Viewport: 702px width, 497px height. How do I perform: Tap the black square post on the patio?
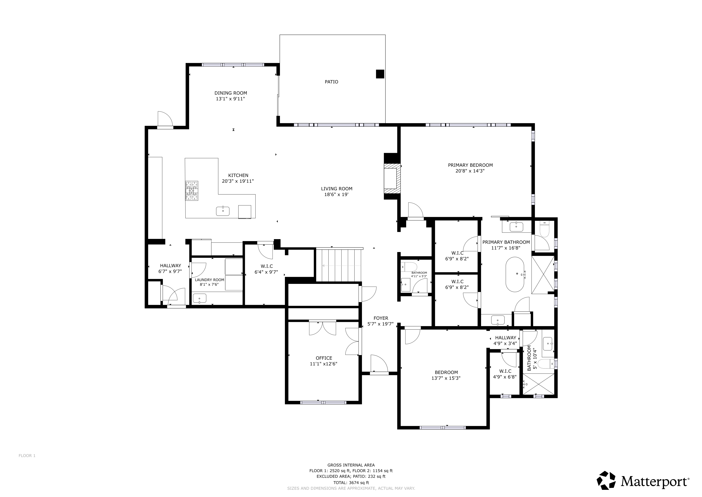point(380,74)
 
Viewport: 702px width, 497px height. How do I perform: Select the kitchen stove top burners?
point(191,191)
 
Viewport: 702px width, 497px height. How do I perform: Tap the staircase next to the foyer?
point(339,265)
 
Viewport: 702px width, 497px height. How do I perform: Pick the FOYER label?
point(381,318)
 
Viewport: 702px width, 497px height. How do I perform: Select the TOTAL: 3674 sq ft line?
point(351,483)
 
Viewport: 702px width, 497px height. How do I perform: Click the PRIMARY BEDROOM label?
point(470,165)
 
